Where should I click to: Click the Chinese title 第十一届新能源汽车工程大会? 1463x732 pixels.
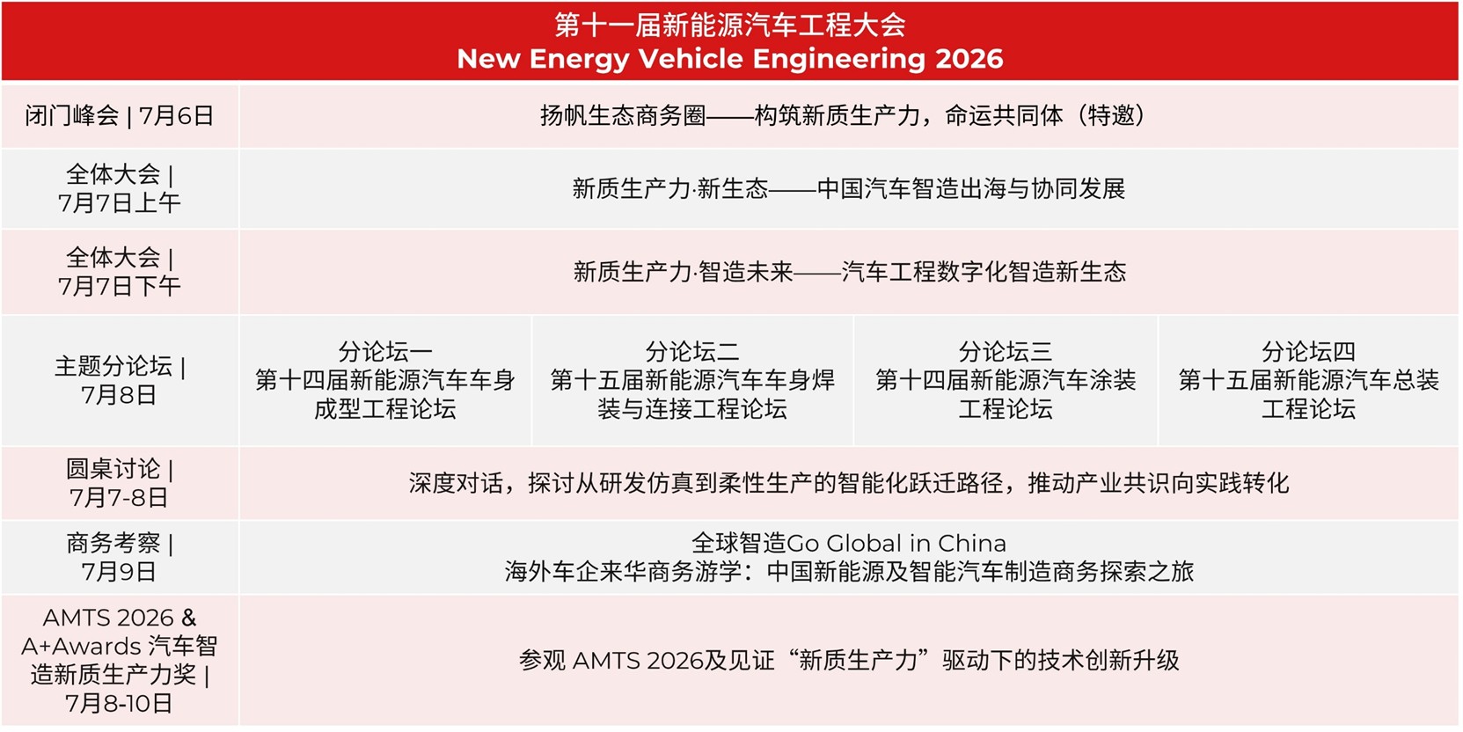coord(729,25)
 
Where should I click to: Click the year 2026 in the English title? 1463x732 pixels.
coord(968,59)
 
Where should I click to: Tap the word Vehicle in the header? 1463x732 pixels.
coord(691,59)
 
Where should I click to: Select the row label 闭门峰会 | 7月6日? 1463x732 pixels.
coord(120,116)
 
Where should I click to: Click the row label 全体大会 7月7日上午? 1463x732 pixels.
coord(120,188)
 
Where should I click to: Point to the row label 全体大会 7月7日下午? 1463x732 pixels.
coord(120,272)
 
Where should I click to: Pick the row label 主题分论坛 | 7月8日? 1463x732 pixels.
coord(120,380)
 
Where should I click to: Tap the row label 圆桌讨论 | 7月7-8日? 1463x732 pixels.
coord(120,483)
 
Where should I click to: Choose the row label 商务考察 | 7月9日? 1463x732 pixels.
coord(120,557)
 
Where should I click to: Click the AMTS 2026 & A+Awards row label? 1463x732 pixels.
coord(120,660)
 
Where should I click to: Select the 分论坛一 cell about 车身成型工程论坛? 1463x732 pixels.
coord(385,380)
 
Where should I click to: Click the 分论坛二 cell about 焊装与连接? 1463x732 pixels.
coord(692,380)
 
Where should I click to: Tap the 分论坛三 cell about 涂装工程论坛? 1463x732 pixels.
coord(1006,380)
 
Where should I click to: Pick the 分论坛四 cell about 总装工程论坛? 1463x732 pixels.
coord(1308,380)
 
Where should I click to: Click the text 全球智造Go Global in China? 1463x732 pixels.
coord(849,543)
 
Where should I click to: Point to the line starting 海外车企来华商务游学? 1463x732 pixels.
coord(849,572)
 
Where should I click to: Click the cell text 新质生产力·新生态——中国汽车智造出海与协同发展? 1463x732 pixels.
coord(849,188)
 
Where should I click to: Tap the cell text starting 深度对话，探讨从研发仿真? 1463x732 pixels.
coord(849,483)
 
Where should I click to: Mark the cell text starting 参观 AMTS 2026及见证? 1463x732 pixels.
coord(849,660)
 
